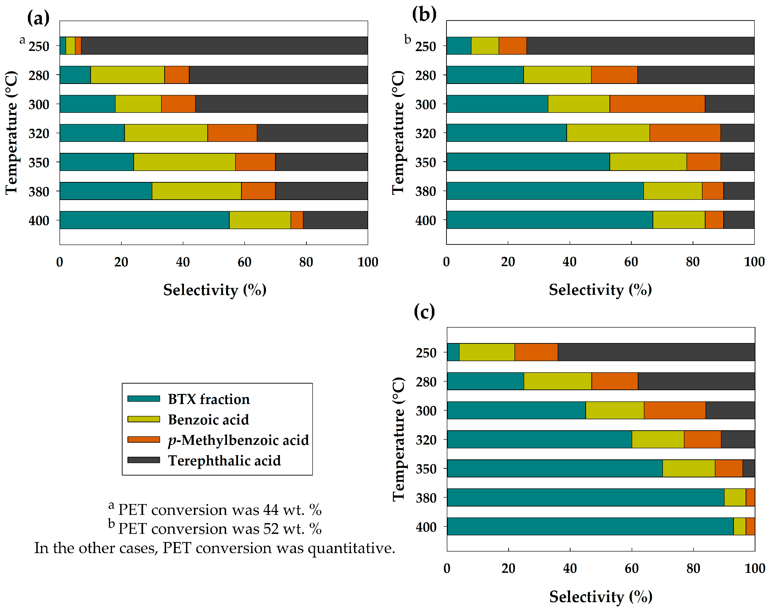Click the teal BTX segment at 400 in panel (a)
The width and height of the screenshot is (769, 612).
[145, 220]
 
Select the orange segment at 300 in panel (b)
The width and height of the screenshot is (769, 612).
[657, 104]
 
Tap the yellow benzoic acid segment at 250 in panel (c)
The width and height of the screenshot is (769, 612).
[487, 352]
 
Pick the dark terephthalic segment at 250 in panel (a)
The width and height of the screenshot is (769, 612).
[224, 46]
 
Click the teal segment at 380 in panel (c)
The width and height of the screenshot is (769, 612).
[585, 497]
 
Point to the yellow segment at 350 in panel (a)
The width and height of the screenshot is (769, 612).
[184, 162]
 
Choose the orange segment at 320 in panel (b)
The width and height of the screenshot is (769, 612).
[685, 133]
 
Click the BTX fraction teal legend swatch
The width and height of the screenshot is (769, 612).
[144, 399]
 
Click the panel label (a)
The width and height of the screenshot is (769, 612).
[38, 18]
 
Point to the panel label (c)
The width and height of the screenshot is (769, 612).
[424, 312]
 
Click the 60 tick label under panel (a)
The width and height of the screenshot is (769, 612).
[244, 262]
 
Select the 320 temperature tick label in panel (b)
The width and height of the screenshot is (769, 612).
[426, 133]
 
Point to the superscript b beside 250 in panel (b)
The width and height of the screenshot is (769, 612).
[407, 39]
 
